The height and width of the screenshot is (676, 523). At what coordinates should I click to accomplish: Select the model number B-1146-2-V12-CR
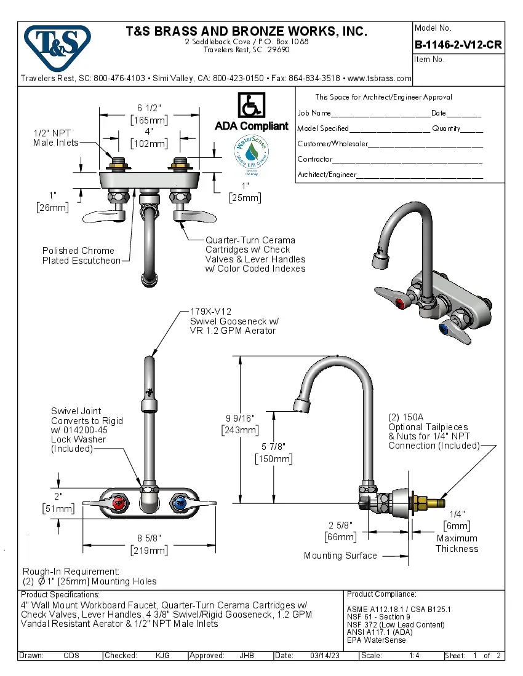[x=458, y=45]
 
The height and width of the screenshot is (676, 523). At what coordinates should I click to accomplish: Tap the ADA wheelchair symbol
[x=251, y=106]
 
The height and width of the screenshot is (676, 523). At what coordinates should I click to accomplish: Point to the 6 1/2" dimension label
[x=150, y=108]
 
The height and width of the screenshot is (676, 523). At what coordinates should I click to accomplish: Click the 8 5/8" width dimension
[x=150, y=538]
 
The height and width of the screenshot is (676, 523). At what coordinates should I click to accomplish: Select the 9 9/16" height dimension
[x=240, y=419]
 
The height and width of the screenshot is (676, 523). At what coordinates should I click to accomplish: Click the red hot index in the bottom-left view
[x=121, y=504]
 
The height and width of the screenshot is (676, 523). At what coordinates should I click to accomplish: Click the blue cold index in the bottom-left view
[x=180, y=504]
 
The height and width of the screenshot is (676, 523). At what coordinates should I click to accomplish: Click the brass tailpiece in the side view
[x=431, y=500]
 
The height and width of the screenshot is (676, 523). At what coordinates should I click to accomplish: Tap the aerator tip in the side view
[x=302, y=405]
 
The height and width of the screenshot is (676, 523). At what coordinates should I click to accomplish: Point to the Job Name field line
[x=380, y=114]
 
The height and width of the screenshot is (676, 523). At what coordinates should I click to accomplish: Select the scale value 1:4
[x=414, y=656]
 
